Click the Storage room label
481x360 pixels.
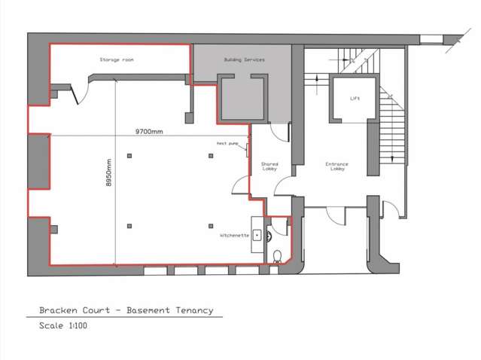pyautogui.click(x=117, y=59)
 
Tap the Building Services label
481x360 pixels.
pyautogui.click(x=244, y=59)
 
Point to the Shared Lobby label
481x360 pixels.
pyautogui.click(x=269, y=166)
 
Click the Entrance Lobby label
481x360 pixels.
pyautogui.click(x=336, y=166)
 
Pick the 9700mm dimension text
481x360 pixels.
pyautogui.click(x=149, y=131)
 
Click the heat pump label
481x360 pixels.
pyautogui.click(x=228, y=143)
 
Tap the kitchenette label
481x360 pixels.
pyautogui.click(x=235, y=236)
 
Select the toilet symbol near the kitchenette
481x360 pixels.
pyautogui.click(x=279, y=255)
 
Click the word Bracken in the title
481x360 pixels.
pyautogui.click(x=58, y=310)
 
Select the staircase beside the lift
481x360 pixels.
pyautogui.click(x=391, y=136)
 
